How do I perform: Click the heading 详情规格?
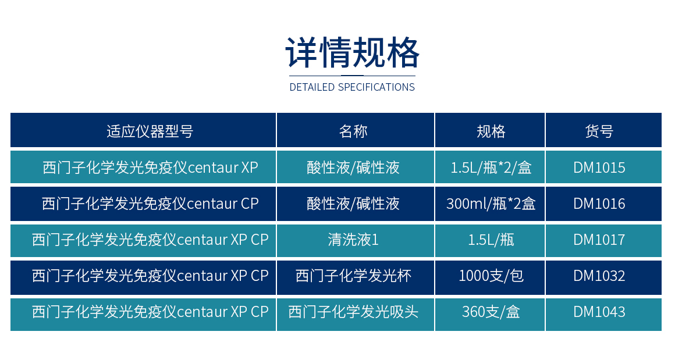click(352, 53)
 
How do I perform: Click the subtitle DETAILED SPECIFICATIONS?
click(352, 87)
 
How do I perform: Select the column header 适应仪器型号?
click(150, 131)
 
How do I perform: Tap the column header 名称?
click(353, 131)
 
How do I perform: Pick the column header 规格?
click(491, 131)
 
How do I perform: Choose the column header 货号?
click(599, 131)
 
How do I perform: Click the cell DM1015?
click(599, 167)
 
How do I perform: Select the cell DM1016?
click(599, 204)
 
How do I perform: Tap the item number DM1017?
click(599, 240)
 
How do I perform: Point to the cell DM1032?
click(599, 276)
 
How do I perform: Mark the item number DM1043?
click(599, 312)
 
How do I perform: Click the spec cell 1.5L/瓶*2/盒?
click(491, 167)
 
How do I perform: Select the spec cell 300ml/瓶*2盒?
click(491, 204)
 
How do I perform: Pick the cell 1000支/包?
click(491, 276)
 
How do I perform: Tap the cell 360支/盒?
click(491, 312)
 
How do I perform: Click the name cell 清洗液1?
click(353, 240)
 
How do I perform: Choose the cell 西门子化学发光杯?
click(353, 276)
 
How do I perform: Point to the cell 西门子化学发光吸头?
click(353, 312)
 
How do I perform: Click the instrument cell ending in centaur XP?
click(150, 167)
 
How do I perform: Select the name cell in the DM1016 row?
click(353, 204)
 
